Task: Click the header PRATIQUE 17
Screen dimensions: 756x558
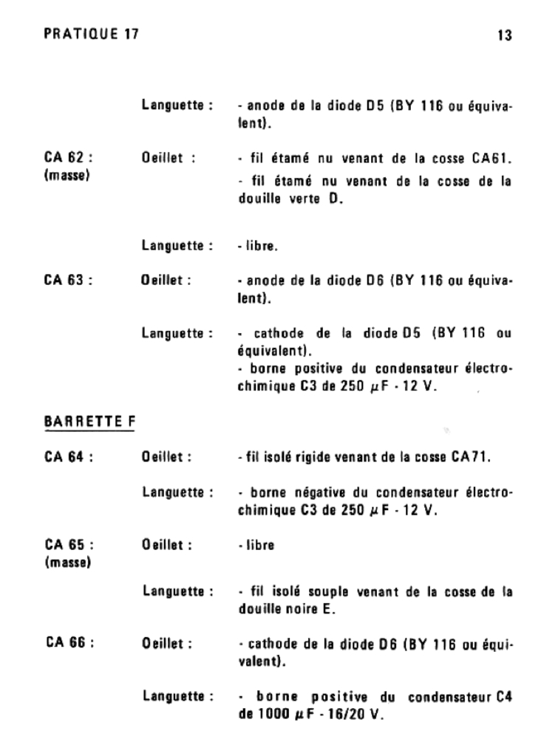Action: point(92,34)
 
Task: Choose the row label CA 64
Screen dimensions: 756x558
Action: point(68,458)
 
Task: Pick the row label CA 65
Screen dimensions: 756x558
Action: point(68,545)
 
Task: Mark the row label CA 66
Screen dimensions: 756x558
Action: point(68,643)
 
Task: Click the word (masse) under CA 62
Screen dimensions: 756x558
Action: point(67,179)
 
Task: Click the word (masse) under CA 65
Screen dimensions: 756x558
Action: point(67,564)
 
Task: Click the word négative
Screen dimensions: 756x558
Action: point(302,491)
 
